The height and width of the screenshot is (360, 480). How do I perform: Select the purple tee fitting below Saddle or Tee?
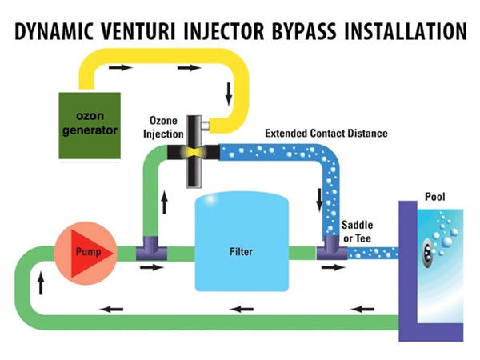[x=330, y=250]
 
